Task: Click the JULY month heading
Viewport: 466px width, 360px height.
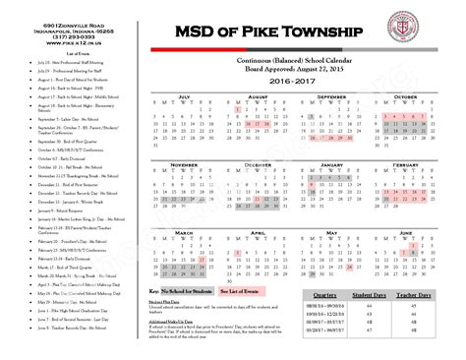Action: (181, 96)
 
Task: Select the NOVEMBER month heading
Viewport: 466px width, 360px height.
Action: (181, 164)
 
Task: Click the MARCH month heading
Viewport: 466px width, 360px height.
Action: (181, 232)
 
